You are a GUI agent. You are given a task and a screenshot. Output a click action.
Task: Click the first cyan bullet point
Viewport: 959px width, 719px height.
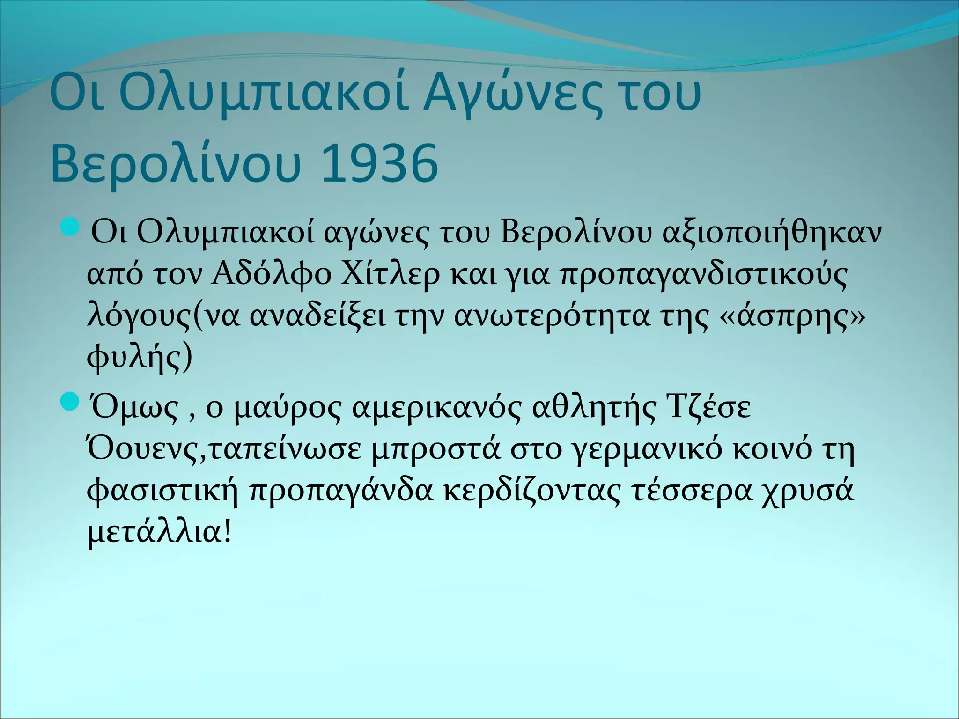click(71, 229)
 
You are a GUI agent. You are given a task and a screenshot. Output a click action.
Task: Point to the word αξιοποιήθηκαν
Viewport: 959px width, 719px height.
click(772, 232)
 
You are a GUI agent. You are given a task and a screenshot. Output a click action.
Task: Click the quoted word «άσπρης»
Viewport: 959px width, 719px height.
click(792, 317)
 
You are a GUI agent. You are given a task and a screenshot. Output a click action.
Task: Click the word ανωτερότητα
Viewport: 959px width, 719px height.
click(553, 317)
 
